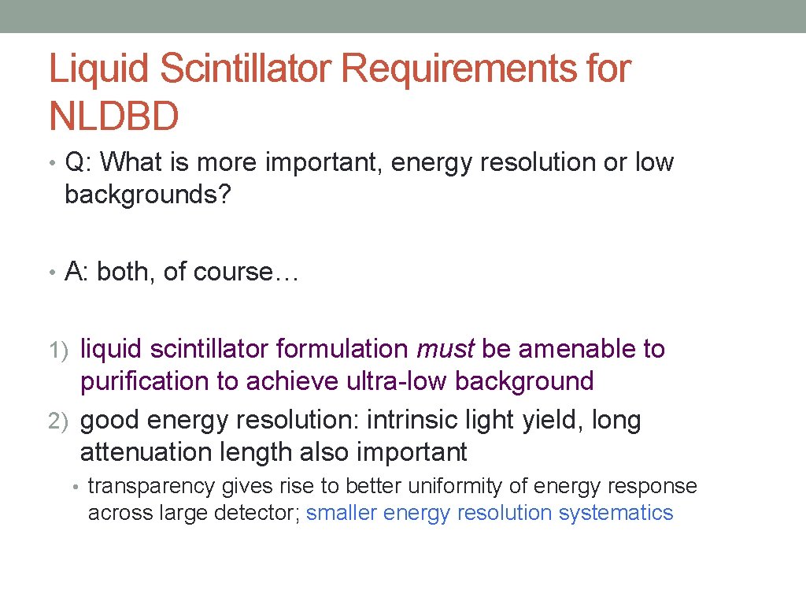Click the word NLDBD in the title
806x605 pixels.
pyautogui.click(x=114, y=116)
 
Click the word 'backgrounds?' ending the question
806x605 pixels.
pyautogui.click(x=148, y=195)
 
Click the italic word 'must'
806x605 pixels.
pyautogui.click(x=446, y=349)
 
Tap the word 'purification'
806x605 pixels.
pyautogui.click(x=146, y=381)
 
